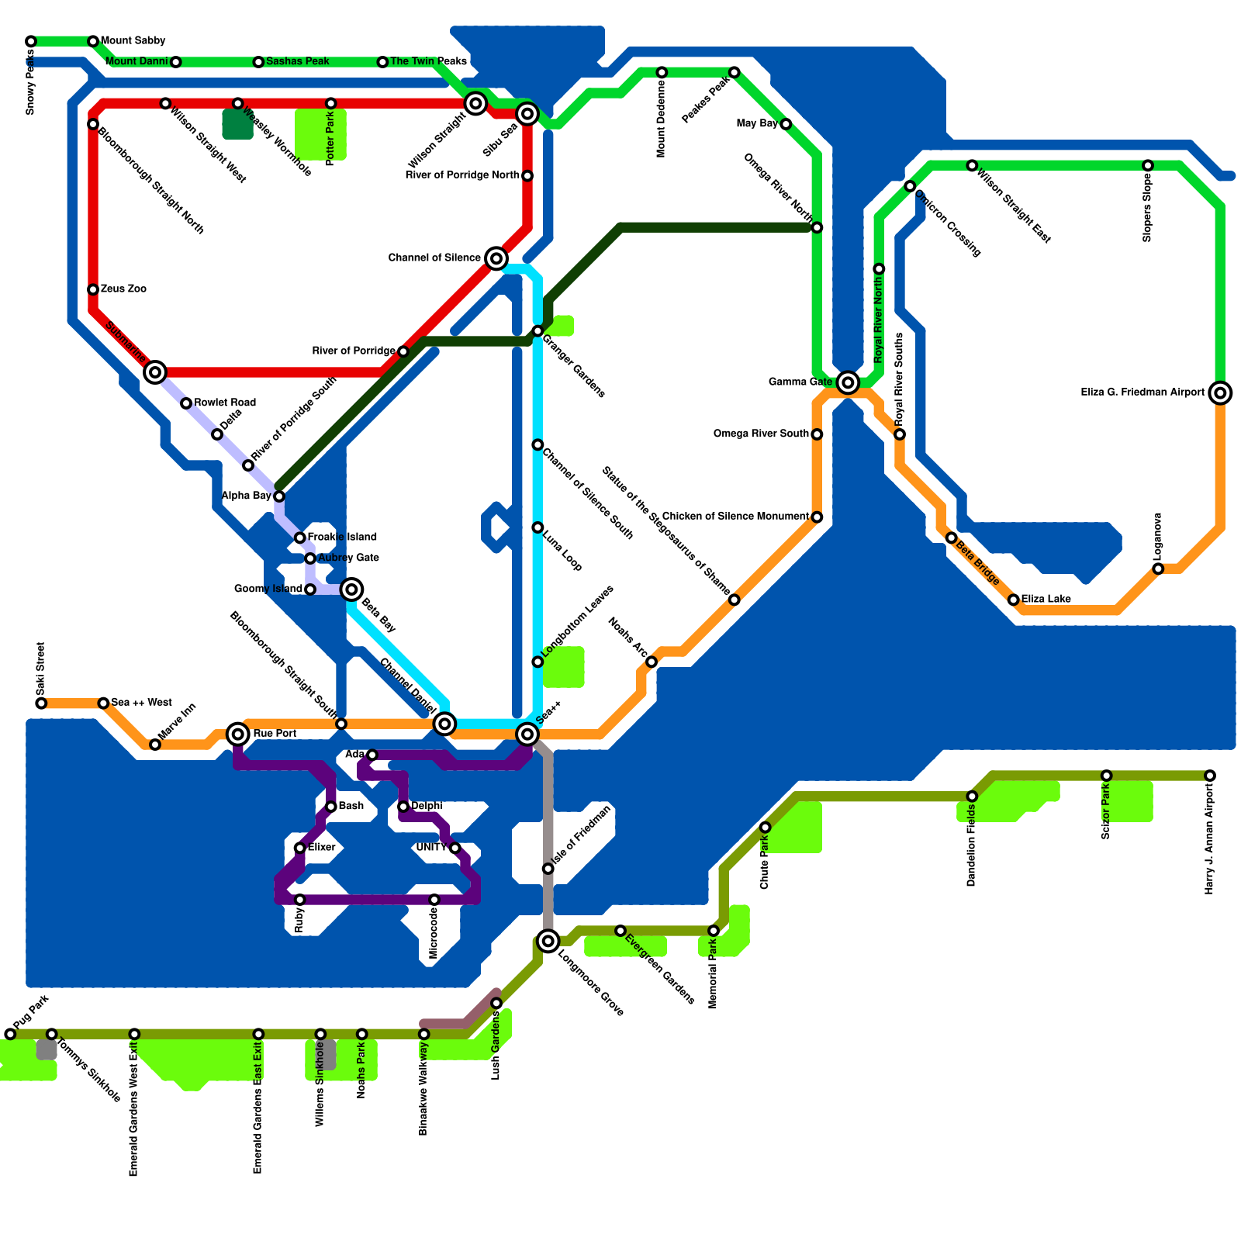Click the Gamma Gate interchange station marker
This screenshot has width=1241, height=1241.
point(848,382)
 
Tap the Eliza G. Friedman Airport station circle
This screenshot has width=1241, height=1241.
point(1220,393)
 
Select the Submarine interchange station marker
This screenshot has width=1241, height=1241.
point(155,372)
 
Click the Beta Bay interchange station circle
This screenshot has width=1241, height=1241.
point(351,589)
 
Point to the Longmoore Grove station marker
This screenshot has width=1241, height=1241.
point(548,942)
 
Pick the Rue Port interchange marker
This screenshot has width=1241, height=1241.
point(238,734)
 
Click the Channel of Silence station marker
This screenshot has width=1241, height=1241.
point(496,258)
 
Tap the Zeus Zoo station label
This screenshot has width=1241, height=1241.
point(123,289)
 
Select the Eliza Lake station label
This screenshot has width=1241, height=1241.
point(1046,600)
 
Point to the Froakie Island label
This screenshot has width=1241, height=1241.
point(342,537)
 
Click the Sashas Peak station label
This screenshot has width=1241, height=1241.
point(297,61)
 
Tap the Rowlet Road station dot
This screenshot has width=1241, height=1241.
point(186,403)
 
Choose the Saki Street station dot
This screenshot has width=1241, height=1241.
point(41,703)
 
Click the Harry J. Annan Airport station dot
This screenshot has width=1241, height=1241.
point(1210,776)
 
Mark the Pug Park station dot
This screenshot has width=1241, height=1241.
point(10,1034)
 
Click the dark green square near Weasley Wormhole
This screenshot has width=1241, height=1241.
point(237,124)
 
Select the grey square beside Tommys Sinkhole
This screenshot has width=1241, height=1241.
point(47,1050)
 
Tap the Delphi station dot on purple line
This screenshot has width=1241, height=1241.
point(403,807)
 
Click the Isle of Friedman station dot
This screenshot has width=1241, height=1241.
point(548,869)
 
